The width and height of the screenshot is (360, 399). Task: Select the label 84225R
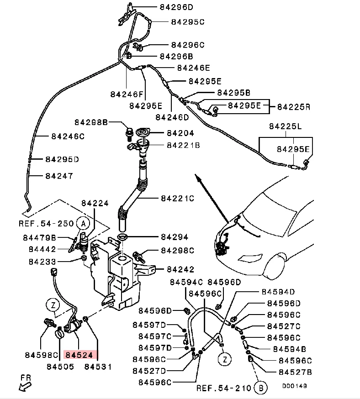(294, 107)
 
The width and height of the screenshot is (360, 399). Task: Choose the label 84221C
(177, 199)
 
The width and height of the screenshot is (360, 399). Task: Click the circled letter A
(82, 223)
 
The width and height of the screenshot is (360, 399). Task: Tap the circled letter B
(261, 388)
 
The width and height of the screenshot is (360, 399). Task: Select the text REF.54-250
(46, 224)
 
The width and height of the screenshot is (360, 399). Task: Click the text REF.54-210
(224, 388)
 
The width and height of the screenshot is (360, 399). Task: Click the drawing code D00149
(294, 386)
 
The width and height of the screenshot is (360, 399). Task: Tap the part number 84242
(180, 269)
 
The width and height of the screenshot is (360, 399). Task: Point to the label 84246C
(68, 136)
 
